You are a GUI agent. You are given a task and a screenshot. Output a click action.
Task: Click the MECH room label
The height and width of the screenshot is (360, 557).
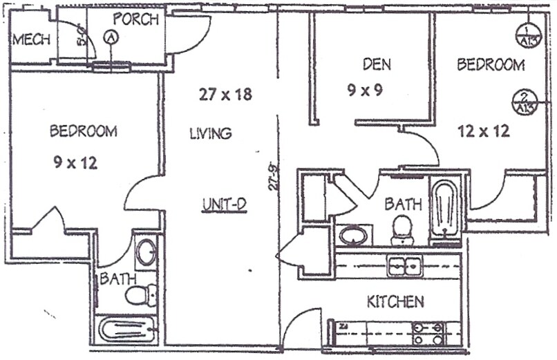(31, 39)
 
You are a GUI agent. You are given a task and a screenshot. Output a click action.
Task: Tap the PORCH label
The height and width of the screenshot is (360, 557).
(135, 19)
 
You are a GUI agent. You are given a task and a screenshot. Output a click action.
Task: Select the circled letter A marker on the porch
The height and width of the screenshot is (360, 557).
(110, 39)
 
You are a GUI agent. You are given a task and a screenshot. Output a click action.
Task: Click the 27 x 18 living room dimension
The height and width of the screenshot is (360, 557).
(225, 95)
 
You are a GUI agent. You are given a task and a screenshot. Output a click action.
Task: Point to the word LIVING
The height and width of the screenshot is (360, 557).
(210, 133)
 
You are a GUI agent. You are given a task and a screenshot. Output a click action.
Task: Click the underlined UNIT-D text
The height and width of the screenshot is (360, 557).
(225, 205)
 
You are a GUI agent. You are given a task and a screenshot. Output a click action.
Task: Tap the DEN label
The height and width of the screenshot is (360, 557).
(377, 65)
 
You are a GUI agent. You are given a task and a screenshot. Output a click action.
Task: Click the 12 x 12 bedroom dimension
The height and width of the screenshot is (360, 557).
(484, 131)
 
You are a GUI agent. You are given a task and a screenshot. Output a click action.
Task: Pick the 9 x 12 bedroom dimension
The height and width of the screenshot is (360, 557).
(75, 162)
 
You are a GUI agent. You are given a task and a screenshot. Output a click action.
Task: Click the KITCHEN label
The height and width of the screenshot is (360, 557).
(395, 302)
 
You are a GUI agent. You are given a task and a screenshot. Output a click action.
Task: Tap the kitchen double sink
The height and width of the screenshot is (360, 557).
(405, 265)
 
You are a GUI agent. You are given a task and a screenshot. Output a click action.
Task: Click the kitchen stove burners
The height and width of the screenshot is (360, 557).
(428, 334)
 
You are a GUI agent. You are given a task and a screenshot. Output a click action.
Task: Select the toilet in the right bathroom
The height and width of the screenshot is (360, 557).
(402, 230)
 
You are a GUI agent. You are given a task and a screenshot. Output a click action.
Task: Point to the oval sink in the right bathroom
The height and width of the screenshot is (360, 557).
(354, 236)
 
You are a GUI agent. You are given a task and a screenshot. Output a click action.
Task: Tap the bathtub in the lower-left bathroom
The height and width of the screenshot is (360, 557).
(126, 329)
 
